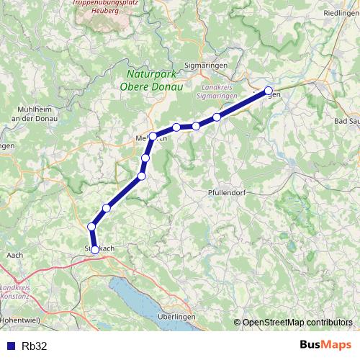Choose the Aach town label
[14, 255]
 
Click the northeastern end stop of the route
[269, 91]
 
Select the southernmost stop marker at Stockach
[95, 250]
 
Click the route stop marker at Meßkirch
[153, 135]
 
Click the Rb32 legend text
[35, 346]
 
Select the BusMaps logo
[325, 345]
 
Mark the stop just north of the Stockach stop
[91, 227]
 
